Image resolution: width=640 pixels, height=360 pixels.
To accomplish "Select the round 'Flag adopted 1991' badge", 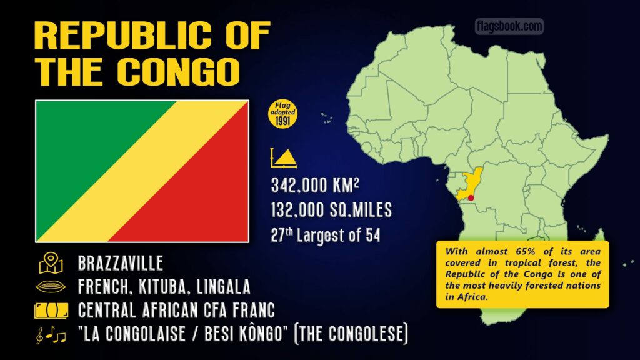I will click(x=282, y=113).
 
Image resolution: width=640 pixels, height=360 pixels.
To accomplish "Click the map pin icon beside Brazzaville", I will click(x=51, y=263).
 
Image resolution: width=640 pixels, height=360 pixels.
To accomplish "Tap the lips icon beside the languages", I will click(x=52, y=287).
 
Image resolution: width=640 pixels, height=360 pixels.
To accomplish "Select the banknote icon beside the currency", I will click(x=52, y=311).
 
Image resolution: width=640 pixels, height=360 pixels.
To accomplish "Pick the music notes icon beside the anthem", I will click(x=52, y=336).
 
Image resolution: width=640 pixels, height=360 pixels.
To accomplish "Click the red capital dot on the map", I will click(x=471, y=198).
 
